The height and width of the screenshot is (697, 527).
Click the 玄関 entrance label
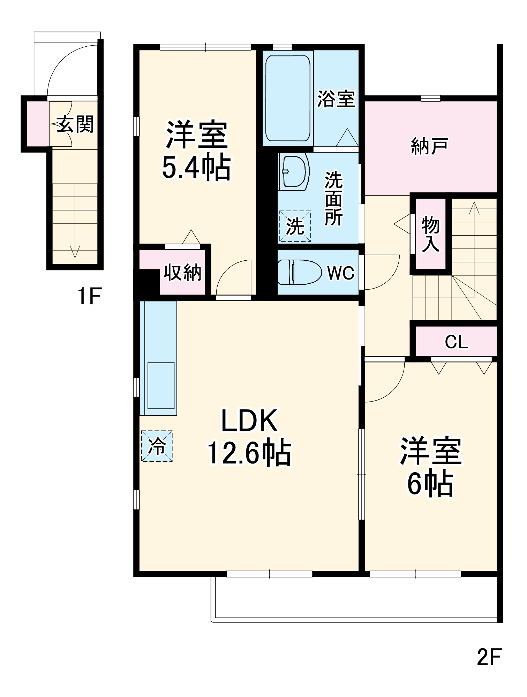pyautogui.click(x=75, y=124)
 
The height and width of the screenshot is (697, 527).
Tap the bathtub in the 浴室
pyautogui.click(x=287, y=98)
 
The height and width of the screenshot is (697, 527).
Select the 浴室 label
pyautogui.click(x=336, y=99)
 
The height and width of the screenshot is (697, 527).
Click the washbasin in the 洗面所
pyautogui.click(x=294, y=171)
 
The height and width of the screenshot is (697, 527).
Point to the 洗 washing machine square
pyautogui.click(x=295, y=226)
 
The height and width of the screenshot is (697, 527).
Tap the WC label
pyautogui.click(x=340, y=273)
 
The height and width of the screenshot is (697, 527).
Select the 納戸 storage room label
pyautogui.click(x=429, y=146)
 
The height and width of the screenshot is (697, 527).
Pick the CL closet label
pyautogui.click(x=456, y=342)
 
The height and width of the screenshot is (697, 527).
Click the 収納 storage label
pyautogui.click(x=182, y=273)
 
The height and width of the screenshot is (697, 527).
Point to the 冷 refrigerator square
pyautogui.click(x=157, y=446)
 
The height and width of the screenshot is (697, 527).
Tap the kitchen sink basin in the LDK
pyautogui.click(x=161, y=385)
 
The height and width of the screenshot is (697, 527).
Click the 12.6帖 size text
pyautogui.click(x=249, y=453)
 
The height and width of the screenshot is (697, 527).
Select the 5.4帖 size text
pyautogui.click(x=196, y=168)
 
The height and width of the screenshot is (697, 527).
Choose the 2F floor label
pyautogui.click(x=489, y=657)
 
